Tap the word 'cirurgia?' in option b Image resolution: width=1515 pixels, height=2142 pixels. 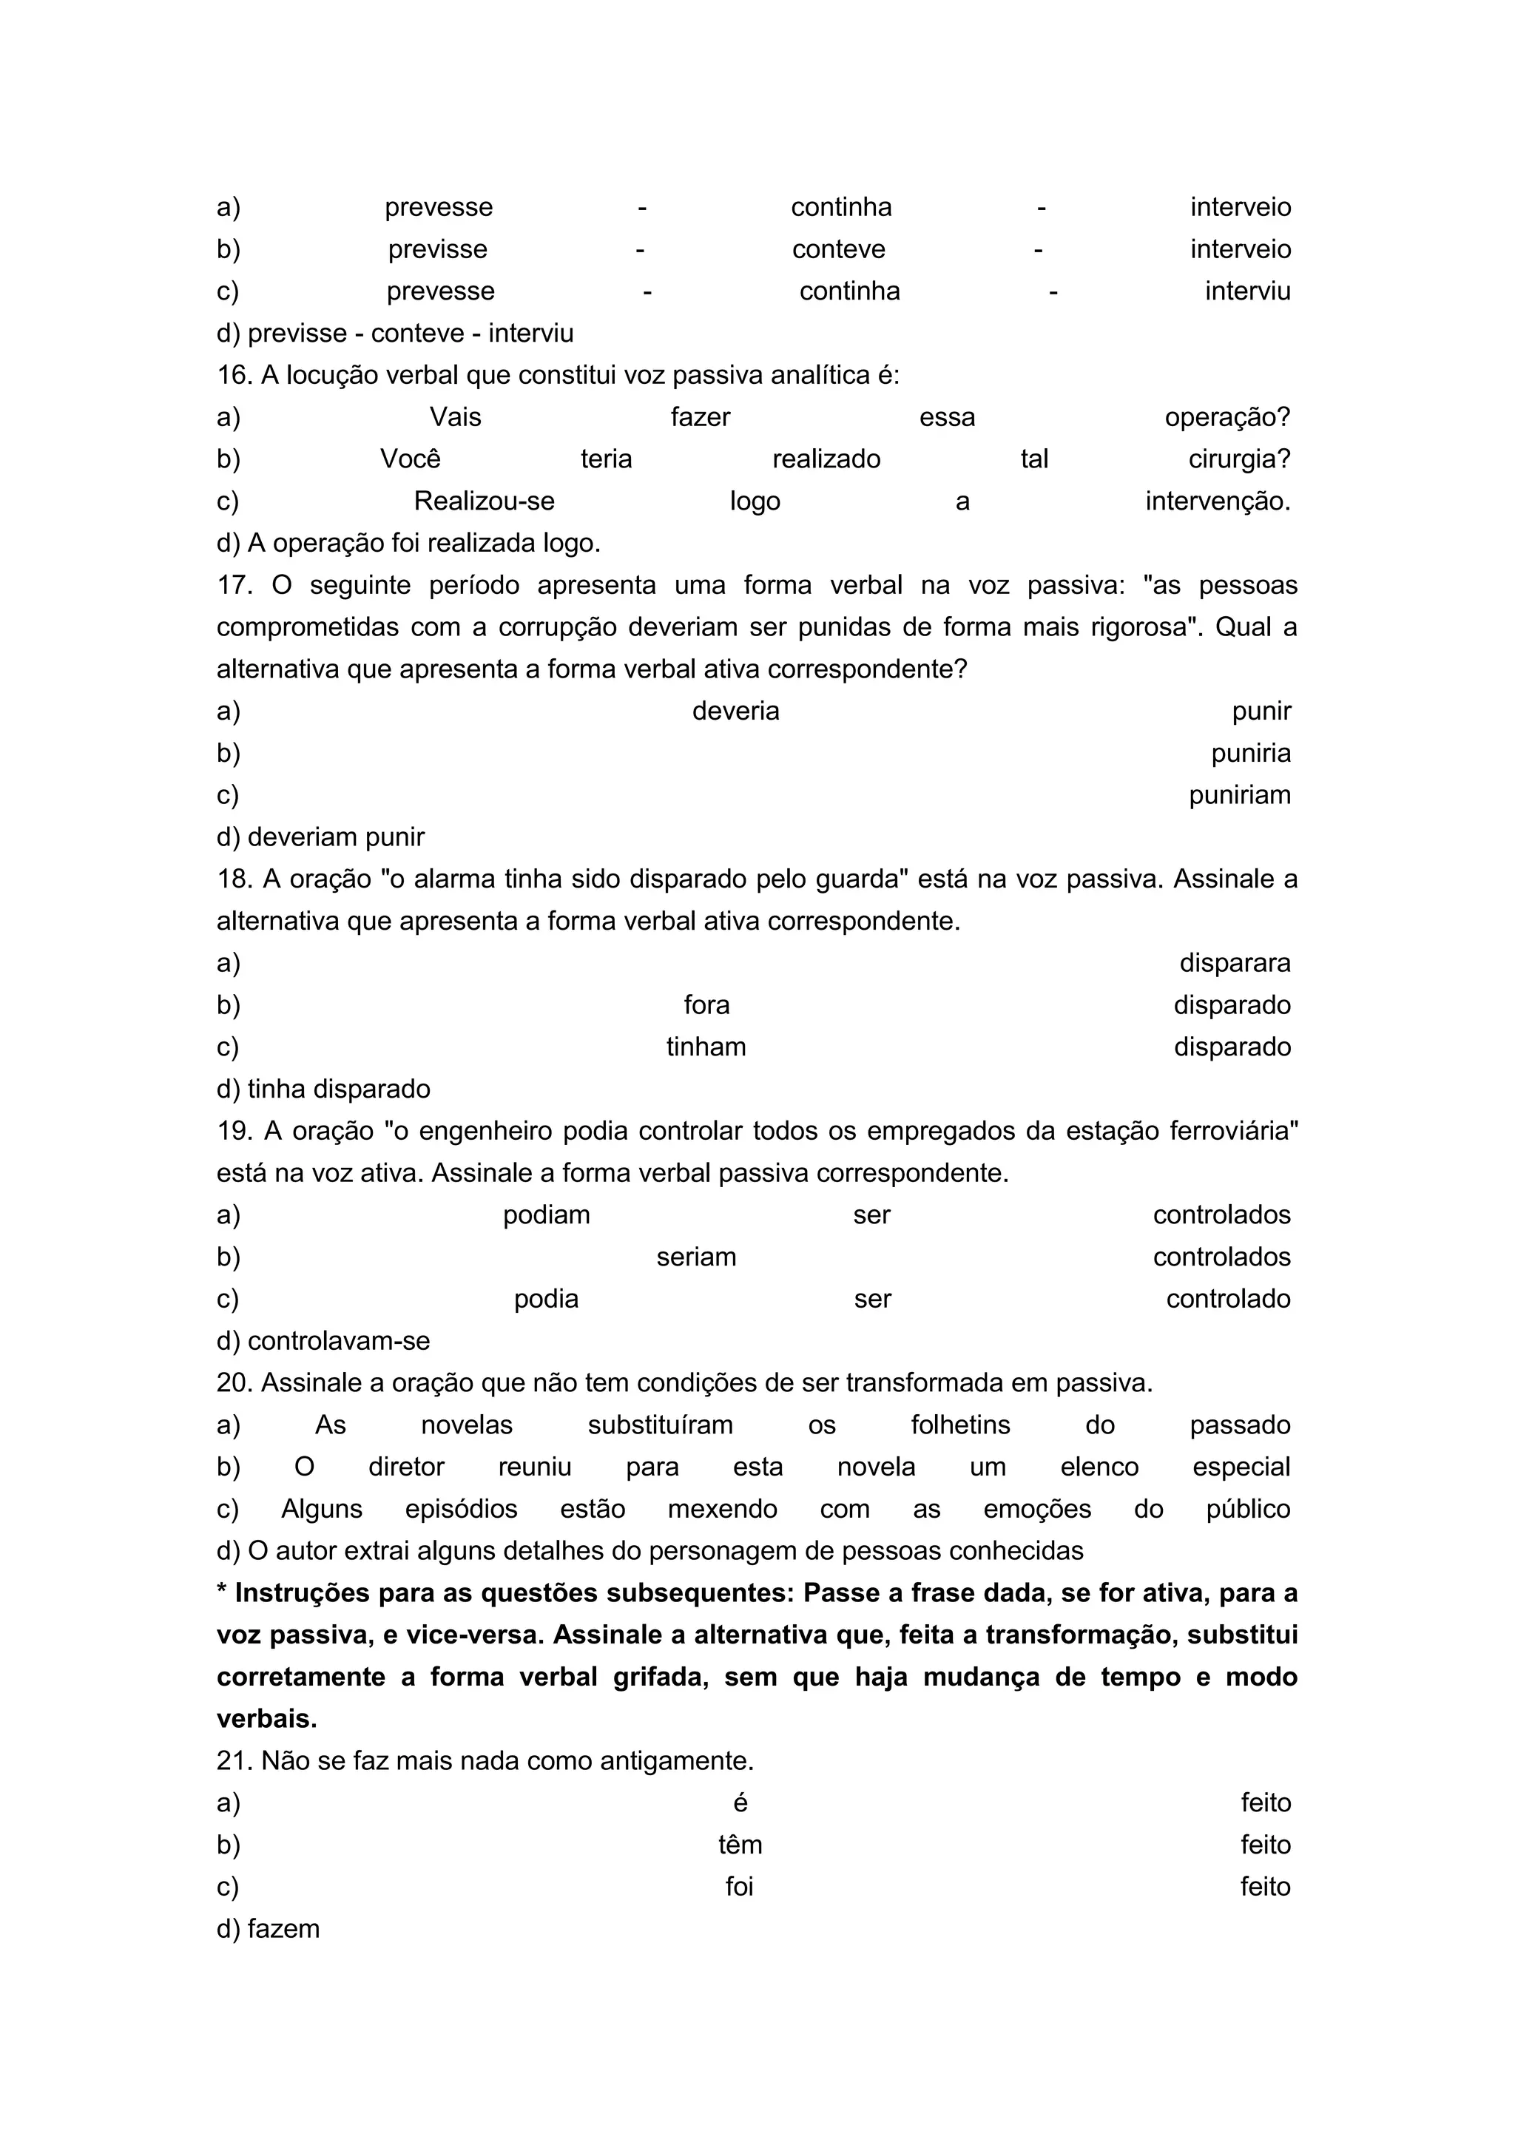(1239, 459)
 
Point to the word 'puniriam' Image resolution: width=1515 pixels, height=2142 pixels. (1239, 795)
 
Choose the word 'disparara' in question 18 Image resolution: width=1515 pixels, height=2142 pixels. (1234, 963)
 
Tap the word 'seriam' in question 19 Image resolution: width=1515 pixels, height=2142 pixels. (696, 1257)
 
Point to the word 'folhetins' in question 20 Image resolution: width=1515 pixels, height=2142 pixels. (960, 1425)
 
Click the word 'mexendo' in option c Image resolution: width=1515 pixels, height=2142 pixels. (722, 1509)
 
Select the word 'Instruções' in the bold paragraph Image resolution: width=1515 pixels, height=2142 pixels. (300, 1592)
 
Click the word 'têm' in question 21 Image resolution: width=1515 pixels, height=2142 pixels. (740, 1845)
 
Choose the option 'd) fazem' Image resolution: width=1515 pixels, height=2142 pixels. (268, 1928)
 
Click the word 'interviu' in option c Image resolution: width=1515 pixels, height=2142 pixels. (1247, 291)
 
